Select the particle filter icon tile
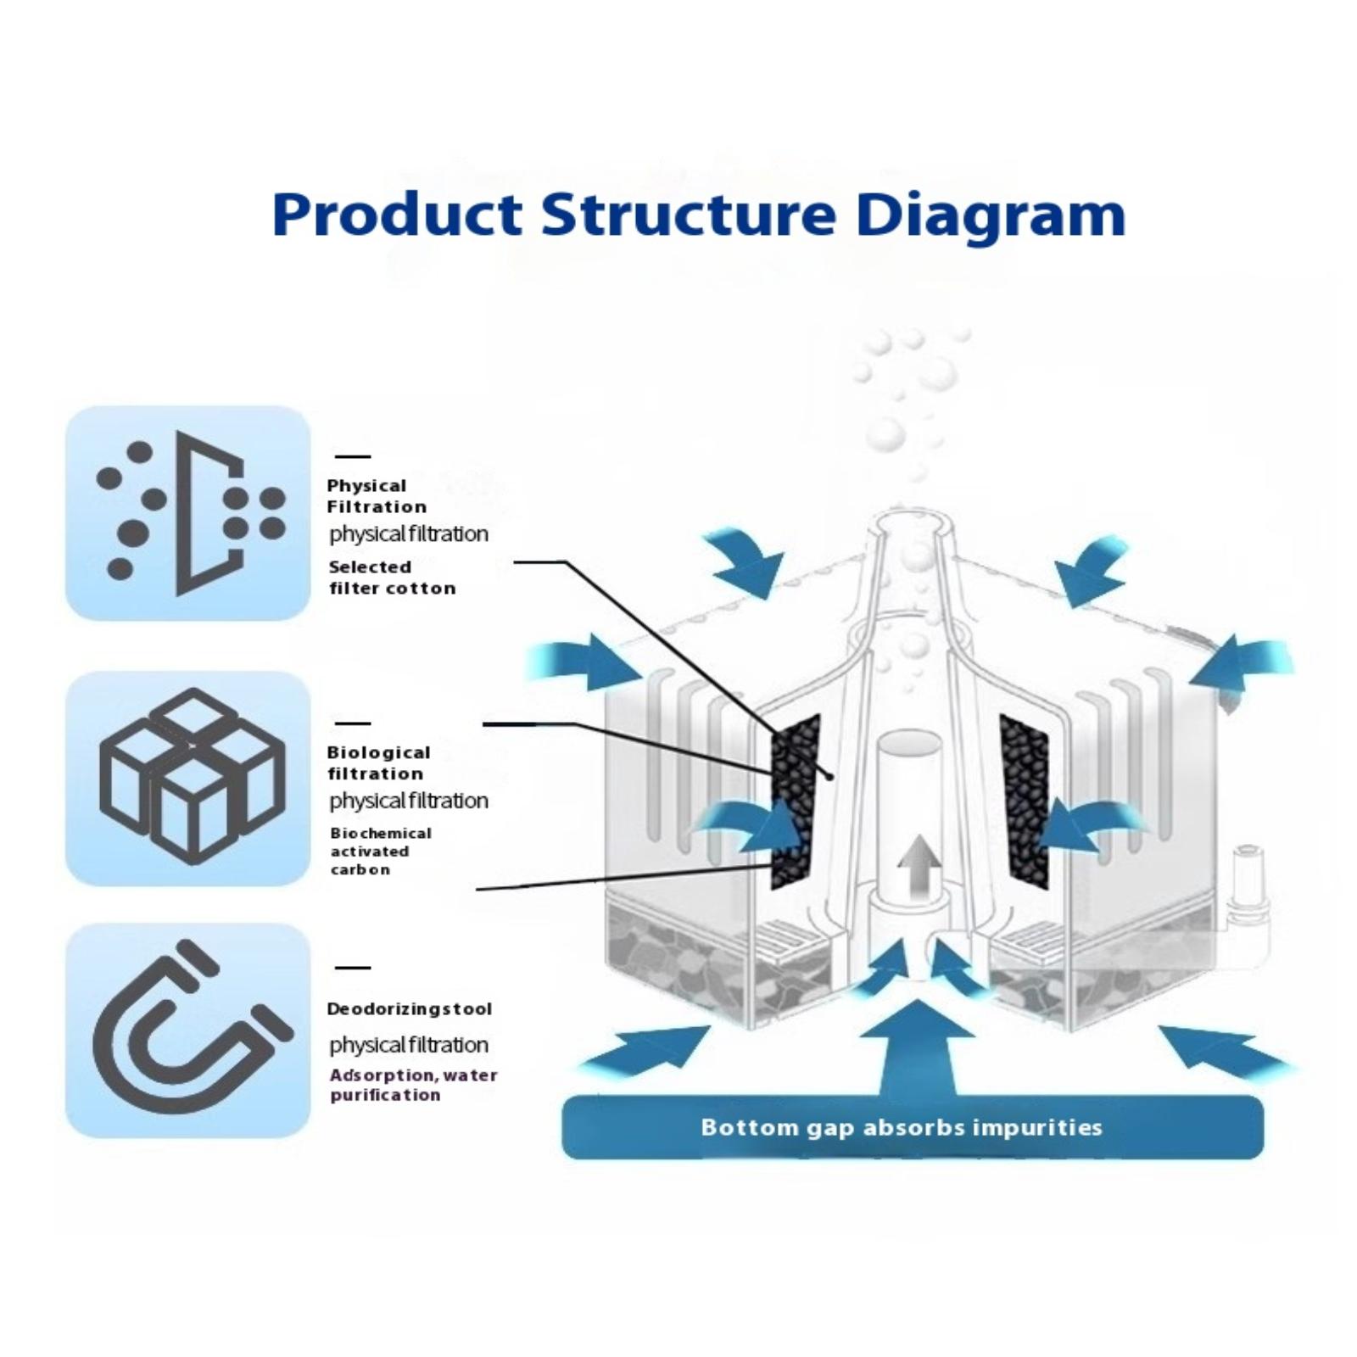pos(188,513)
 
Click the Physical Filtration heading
pos(376,496)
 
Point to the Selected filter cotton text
pos(392,578)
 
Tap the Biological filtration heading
pos(378,762)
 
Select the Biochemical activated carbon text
pos(380,851)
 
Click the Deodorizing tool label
pos(409,1008)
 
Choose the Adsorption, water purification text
pos(413,1085)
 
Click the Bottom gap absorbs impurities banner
pos(913,1127)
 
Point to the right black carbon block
pos(1025,801)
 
